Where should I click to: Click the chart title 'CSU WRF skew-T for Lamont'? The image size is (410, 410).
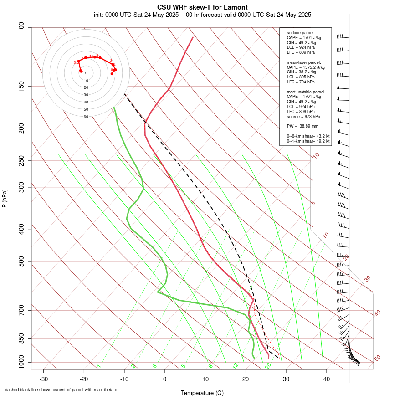coord(202,7)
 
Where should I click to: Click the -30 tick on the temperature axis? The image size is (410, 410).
coord(44,379)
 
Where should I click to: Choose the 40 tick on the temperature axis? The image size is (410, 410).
coord(327,379)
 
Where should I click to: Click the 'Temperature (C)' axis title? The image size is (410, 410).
coord(202,393)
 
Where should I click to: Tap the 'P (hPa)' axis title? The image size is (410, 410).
coord(5,198)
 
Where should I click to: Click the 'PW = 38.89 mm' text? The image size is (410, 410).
coord(302,126)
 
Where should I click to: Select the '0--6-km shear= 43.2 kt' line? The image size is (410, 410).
coord(308,136)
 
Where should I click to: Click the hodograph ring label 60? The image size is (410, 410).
coord(86,117)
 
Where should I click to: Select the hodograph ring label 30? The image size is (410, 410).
coord(86,95)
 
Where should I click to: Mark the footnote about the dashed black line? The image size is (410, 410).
coord(61,390)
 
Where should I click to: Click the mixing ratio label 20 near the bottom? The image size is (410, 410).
coord(268,365)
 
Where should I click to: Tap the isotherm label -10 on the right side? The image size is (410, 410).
coord(315,156)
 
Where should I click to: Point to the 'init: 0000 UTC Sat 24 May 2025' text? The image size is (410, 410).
coord(136,15)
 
